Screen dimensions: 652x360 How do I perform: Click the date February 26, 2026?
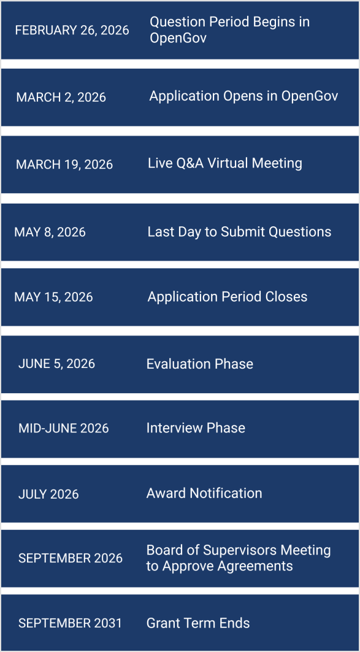pos(72,30)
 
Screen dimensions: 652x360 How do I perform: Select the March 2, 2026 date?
pos(61,97)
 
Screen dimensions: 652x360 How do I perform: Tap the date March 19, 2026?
pos(64,164)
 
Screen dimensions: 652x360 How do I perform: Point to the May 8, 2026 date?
pos(50,232)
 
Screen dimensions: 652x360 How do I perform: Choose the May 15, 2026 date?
pos(53,297)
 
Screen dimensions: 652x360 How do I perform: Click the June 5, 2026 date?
pos(56,364)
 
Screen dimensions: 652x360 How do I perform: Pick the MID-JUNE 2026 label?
pos(63,428)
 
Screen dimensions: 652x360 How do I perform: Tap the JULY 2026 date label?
pos(48,494)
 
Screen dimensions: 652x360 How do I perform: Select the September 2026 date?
pos(70,558)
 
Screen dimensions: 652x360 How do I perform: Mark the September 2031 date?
pos(70,623)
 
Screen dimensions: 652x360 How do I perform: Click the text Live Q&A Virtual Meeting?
pos(224,163)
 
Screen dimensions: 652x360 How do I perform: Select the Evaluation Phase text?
pos(199,364)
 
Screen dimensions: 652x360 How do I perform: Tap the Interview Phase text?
pos(196,428)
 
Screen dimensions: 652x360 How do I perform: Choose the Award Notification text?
pos(204,493)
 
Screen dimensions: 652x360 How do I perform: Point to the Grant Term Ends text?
pos(197,623)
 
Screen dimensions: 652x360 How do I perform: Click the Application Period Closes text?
pos(227,297)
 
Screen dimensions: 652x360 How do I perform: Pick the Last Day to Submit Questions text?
pos(239,232)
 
